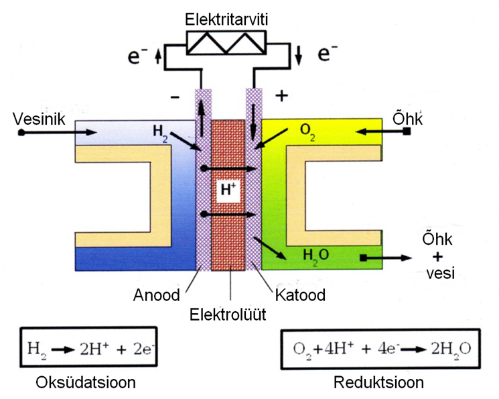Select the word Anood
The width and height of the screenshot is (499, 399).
[x=157, y=295]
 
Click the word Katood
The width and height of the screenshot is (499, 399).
[x=298, y=295]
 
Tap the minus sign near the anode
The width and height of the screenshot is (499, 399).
[x=176, y=97]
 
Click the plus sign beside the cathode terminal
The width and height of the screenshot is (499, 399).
[x=281, y=95]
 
